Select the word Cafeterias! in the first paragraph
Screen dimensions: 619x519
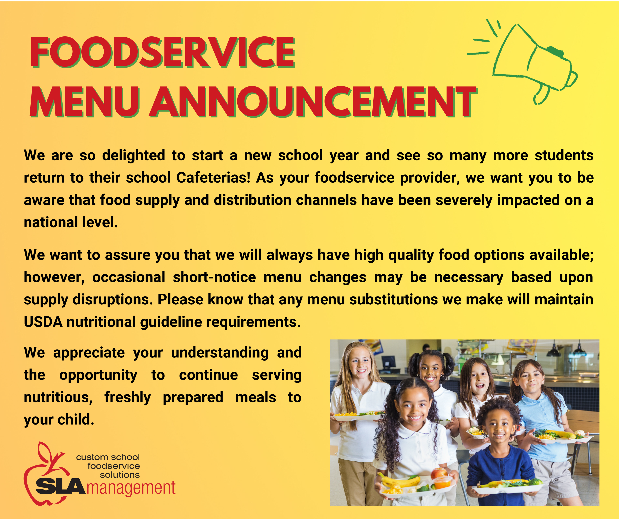coord(213,178)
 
